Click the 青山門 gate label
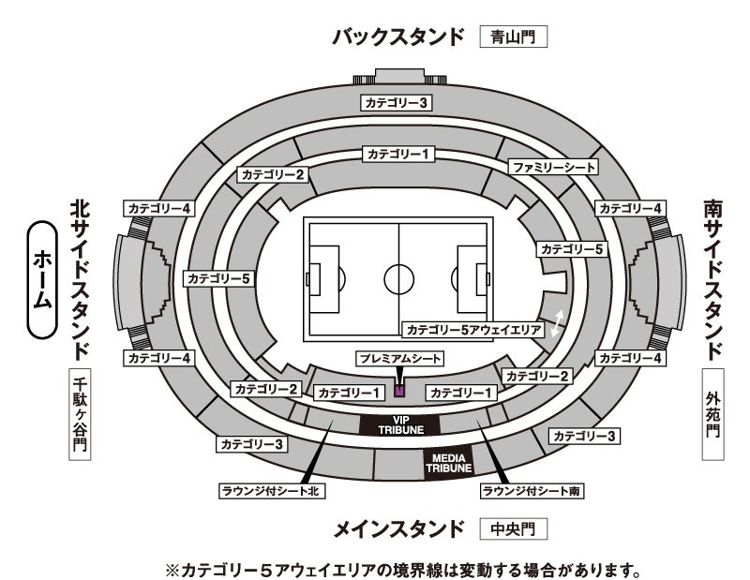point(513,37)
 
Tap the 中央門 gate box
point(513,528)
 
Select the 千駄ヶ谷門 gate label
point(80,414)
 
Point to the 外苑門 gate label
point(712,414)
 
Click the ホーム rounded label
point(42,280)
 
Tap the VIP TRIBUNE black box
point(400,425)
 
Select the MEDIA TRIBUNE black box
point(449,463)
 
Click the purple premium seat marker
point(399,391)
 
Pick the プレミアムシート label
point(400,359)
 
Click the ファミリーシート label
point(553,168)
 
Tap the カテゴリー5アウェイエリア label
point(473,330)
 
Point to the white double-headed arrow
point(557,323)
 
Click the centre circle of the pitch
point(399,280)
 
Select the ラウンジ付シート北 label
point(272,491)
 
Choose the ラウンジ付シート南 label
point(532,491)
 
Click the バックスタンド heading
point(398,37)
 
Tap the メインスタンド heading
point(398,529)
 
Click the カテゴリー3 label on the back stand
point(396,103)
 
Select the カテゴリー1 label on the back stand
point(397,154)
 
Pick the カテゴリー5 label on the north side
point(218,279)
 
